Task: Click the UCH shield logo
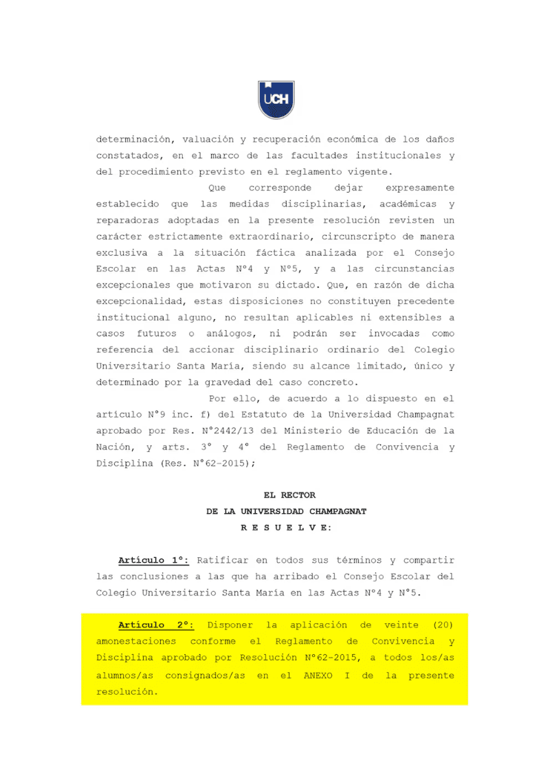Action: point(276,100)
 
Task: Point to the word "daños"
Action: point(438,139)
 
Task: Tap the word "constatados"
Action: point(127,155)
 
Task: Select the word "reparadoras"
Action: point(127,220)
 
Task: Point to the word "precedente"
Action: point(421,301)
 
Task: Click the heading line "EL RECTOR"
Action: point(289,495)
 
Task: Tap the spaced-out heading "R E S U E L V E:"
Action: point(286,528)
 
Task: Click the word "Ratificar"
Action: point(221,560)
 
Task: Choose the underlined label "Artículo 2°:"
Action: point(156,625)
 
